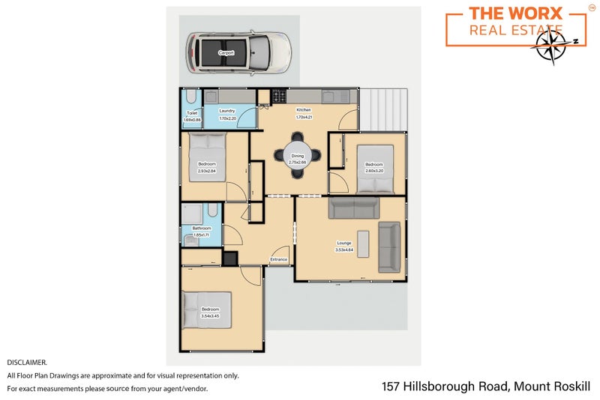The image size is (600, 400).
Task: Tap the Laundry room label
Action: point(227,111)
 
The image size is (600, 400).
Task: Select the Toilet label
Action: point(192,113)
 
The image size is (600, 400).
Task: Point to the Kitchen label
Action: point(303,110)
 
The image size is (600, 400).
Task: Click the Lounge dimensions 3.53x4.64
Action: point(344,249)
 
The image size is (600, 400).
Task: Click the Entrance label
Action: point(279,260)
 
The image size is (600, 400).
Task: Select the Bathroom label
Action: point(202,228)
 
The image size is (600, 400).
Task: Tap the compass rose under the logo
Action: point(555,43)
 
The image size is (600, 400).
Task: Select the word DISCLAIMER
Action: point(27,362)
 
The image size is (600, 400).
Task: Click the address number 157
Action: point(391,387)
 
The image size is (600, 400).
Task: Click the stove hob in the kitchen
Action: point(280,96)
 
